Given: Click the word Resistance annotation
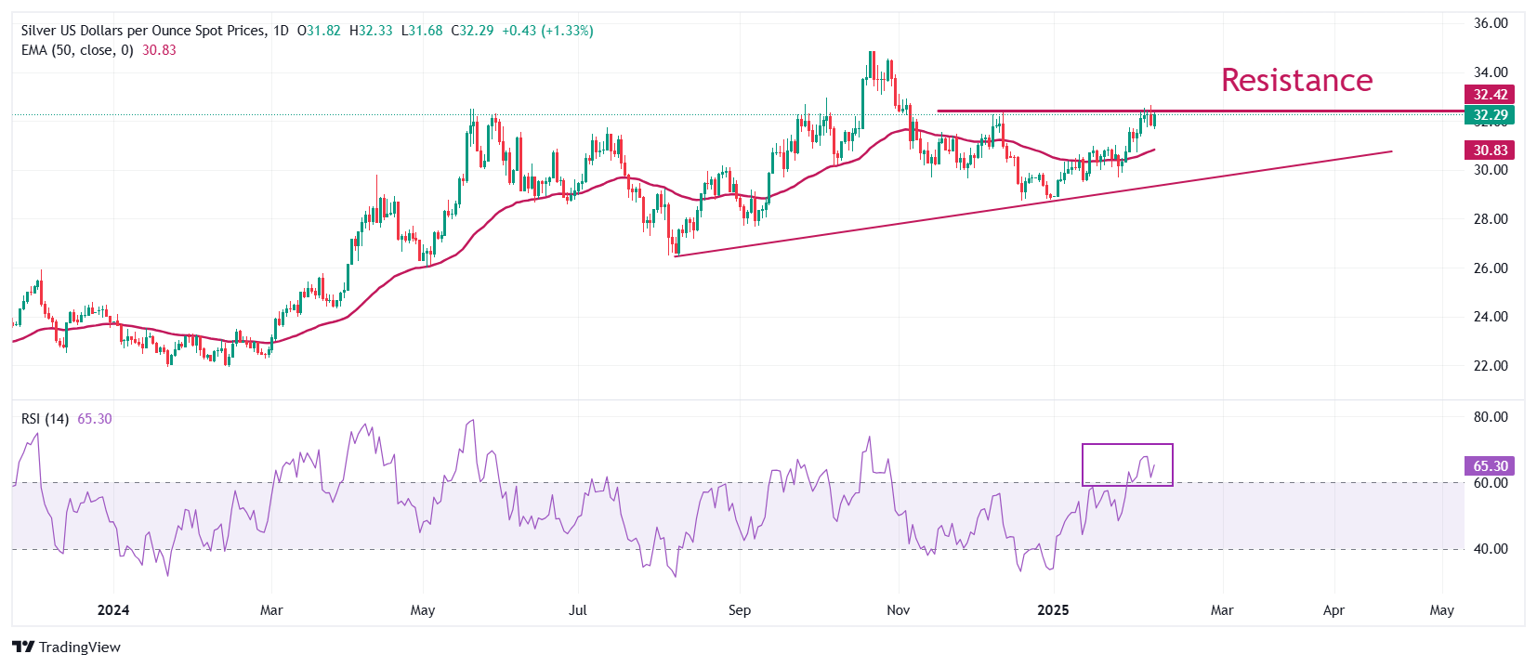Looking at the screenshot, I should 1296,80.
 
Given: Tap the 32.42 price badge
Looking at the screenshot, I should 1490,94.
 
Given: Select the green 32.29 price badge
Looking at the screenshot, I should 1490,115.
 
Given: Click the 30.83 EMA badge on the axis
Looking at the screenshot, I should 1490,150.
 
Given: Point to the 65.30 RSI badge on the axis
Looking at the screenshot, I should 1490,465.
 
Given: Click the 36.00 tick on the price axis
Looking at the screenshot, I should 1491,23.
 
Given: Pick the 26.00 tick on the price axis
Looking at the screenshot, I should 1491,268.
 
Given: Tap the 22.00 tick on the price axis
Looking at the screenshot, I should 1491,365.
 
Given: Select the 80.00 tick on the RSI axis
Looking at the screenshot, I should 1491,416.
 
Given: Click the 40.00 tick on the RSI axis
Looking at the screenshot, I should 1491,548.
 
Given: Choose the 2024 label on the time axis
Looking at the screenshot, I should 113,610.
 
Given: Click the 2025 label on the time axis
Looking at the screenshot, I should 1053,610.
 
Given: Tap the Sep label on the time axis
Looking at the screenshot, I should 740,610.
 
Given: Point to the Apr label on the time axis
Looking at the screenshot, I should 1333,610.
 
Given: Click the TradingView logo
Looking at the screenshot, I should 67,647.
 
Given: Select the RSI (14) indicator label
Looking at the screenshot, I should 45,419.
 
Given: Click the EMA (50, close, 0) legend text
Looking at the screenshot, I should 77,50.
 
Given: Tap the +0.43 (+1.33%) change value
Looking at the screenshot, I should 547,31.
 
